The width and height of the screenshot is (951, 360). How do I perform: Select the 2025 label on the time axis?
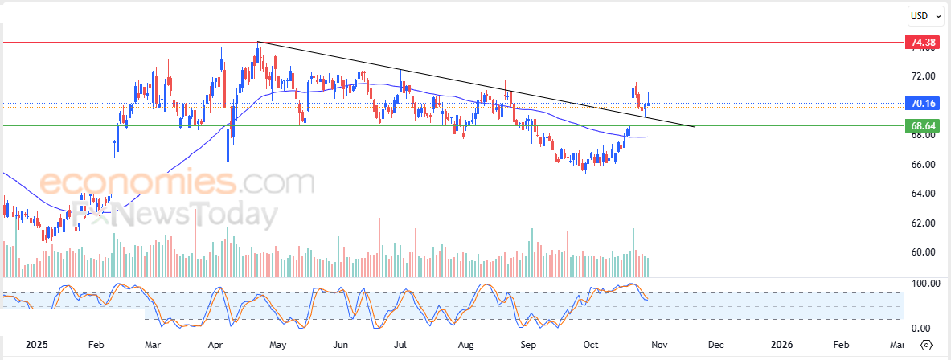[x=37, y=345]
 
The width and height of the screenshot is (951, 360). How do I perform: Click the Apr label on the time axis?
[x=215, y=345]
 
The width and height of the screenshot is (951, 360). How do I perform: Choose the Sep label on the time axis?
[x=527, y=345]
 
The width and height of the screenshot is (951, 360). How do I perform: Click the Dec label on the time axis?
[x=716, y=345]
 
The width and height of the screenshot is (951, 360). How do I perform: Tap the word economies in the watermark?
[x=137, y=183]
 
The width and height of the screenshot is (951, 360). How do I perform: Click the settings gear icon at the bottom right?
[x=926, y=345]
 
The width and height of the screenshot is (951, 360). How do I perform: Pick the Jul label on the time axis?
[x=400, y=345]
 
